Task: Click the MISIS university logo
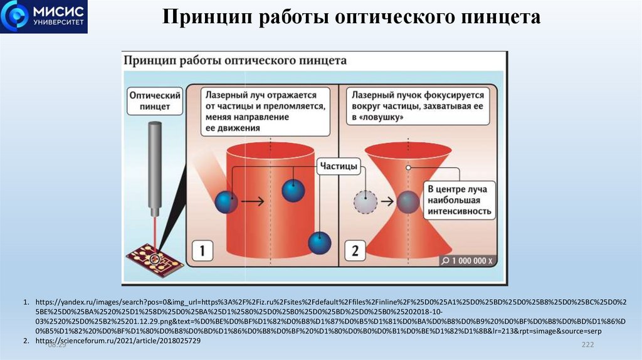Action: click(44, 17)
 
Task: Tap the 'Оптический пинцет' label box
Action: click(155, 102)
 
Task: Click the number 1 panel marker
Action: click(203, 251)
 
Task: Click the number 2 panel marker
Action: click(355, 251)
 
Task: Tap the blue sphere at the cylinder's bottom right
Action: click(320, 243)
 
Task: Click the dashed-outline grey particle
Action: click(366, 201)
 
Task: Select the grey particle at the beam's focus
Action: click(408, 201)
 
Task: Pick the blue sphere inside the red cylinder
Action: click(293, 190)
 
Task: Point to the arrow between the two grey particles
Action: click(386, 201)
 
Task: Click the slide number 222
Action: click(587, 346)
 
